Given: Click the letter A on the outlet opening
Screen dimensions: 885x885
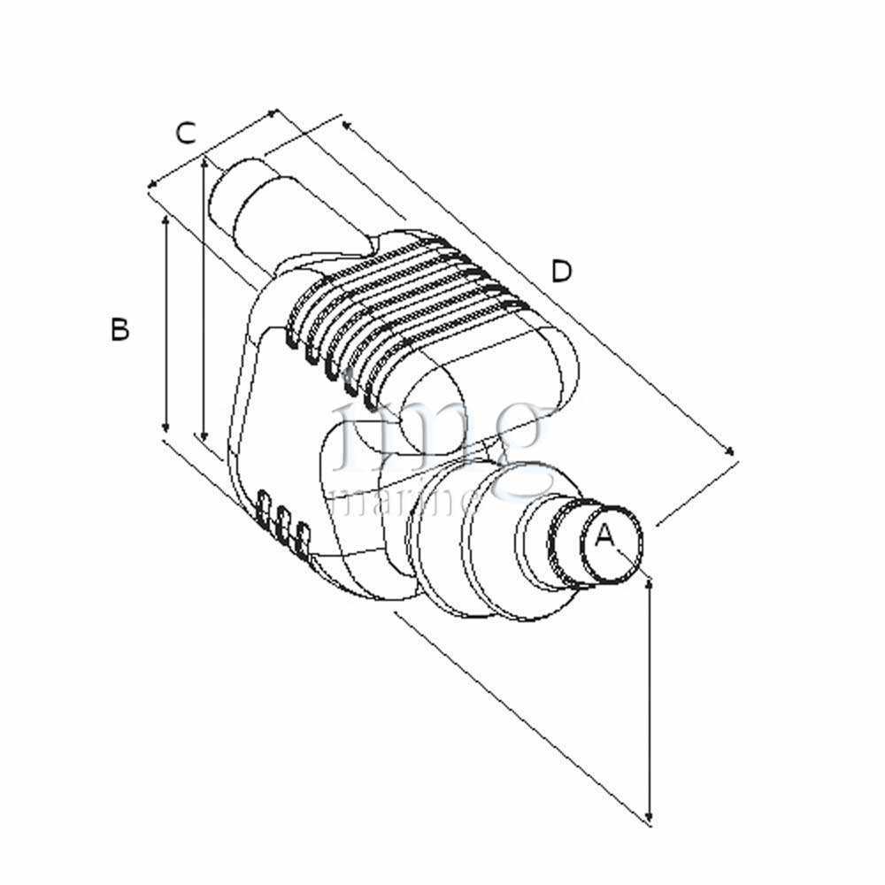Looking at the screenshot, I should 604,536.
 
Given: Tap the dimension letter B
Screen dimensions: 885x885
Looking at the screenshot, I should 120,329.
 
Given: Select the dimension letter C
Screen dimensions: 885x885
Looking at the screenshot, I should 185,134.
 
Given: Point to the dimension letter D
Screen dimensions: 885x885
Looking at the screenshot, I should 562,272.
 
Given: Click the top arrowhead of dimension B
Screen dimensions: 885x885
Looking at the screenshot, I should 166,216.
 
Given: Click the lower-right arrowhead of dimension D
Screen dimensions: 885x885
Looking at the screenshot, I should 732,452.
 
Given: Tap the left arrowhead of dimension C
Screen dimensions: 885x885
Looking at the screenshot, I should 151,186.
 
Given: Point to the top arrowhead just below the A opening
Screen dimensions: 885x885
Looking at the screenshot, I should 650,581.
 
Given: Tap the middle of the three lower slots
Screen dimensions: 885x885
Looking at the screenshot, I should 283,522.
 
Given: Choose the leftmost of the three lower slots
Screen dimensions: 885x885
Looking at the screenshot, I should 263,508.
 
